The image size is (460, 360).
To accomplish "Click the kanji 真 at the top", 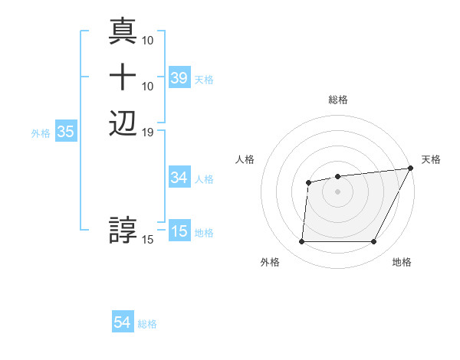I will (x=123, y=31).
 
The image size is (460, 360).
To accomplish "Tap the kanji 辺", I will (x=123, y=123).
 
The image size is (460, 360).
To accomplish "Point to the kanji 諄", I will (x=123, y=230).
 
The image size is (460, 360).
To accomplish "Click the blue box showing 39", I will (x=179, y=78).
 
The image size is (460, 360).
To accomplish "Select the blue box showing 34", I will (x=179, y=178).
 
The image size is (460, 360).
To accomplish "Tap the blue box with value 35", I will (x=66, y=132).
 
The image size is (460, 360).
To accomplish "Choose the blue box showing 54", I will (x=123, y=323).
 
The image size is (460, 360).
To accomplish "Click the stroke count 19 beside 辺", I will (x=148, y=133).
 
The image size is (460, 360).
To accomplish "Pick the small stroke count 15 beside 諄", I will (x=148, y=240).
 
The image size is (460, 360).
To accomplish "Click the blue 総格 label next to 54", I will (x=147, y=324).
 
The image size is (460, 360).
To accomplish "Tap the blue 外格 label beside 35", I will (x=41, y=133).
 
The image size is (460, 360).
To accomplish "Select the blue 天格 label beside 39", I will (x=204, y=79).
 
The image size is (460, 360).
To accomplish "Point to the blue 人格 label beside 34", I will (x=204, y=179).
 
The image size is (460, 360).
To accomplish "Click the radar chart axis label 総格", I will (x=338, y=100).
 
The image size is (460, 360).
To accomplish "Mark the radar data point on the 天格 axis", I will (x=412, y=168).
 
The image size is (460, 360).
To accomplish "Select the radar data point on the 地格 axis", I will (x=374, y=242).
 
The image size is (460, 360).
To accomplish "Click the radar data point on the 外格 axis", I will (x=301, y=242).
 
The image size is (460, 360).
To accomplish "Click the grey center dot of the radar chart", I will (x=338, y=191).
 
